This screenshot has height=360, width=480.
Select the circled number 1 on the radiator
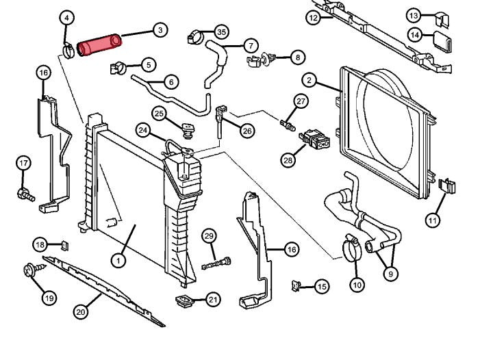118,260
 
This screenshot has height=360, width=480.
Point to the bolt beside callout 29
216,262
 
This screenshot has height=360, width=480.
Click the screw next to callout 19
31,271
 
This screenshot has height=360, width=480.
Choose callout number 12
314,18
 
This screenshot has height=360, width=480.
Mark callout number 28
288,160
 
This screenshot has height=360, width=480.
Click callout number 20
81,312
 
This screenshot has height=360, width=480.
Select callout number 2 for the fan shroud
310,80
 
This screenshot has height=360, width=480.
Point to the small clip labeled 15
296,284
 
